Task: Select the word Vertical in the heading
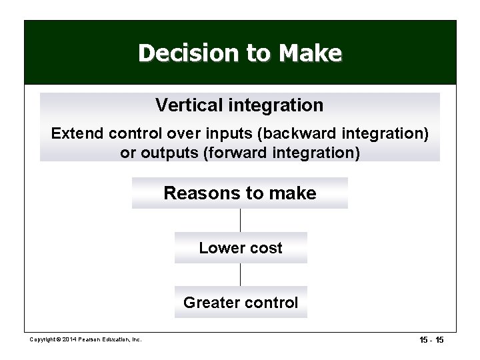[186, 105]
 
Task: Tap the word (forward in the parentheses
[237, 153]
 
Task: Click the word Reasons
[203, 193]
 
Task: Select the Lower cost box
[241, 248]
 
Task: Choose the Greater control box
[241, 303]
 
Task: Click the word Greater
[210, 303]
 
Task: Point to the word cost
[265, 248]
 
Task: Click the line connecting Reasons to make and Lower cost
[240, 220]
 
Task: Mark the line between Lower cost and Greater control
[240, 275]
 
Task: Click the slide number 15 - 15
[431, 340]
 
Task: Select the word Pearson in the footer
[92, 340]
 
